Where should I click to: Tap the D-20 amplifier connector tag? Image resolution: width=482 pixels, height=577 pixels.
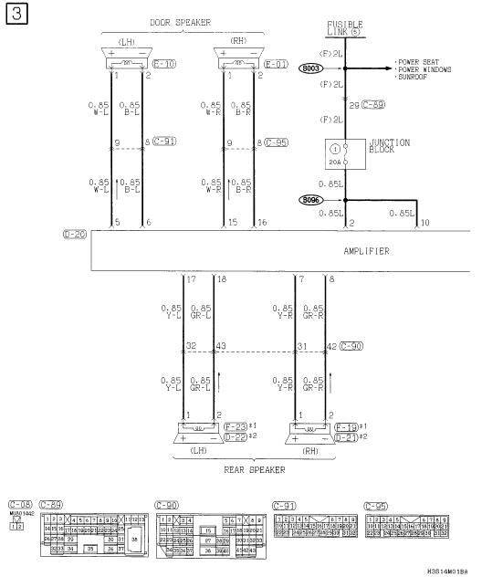(75, 235)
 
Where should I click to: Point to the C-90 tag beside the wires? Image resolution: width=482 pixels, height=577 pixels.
(352, 346)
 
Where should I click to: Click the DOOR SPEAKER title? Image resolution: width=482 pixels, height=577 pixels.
(187, 21)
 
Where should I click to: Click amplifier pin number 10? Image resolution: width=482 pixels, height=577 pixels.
(424, 223)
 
